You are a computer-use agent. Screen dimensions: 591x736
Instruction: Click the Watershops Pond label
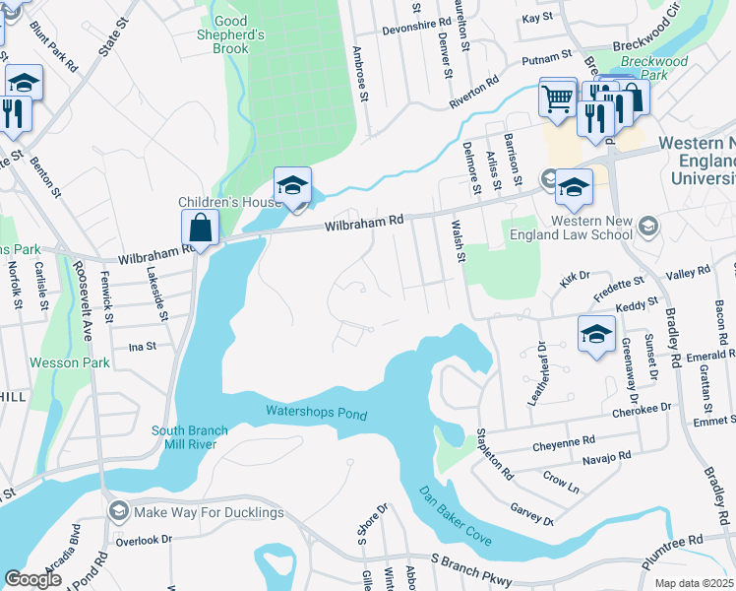(316, 412)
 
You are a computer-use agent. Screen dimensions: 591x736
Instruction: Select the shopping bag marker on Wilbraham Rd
(200, 229)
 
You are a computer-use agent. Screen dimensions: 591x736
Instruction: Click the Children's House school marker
(292, 186)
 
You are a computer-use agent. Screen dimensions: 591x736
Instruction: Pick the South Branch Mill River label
(190, 437)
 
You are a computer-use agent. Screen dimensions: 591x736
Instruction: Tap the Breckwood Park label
(661, 67)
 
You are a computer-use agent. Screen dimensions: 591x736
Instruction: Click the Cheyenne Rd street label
(564, 444)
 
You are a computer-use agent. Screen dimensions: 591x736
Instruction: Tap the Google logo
(32, 579)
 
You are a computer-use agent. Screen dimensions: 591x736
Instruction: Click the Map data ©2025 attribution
(694, 583)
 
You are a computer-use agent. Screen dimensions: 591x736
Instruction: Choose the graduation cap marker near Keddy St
(595, 334)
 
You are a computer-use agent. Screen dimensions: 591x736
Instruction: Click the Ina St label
(144, 347)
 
